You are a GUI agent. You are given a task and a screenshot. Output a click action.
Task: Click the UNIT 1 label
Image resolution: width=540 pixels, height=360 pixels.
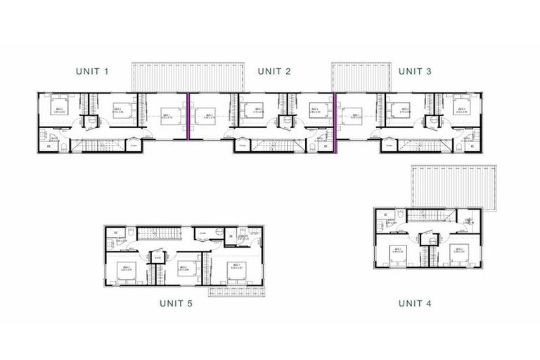[x=93, y=71]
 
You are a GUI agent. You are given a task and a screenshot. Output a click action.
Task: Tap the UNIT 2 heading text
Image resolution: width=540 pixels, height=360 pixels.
[x=274, y=71]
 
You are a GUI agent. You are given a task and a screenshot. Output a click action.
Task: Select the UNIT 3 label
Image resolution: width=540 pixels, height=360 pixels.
[x=416, y=71]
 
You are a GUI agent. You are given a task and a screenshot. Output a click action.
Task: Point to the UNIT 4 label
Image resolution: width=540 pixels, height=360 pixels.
[x=415, y=303]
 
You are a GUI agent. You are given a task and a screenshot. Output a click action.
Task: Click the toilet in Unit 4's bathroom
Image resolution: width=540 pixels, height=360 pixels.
[x=399, y=215]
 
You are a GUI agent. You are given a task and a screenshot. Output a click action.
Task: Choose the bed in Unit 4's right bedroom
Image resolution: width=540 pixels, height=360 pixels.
[x=458, y=255]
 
